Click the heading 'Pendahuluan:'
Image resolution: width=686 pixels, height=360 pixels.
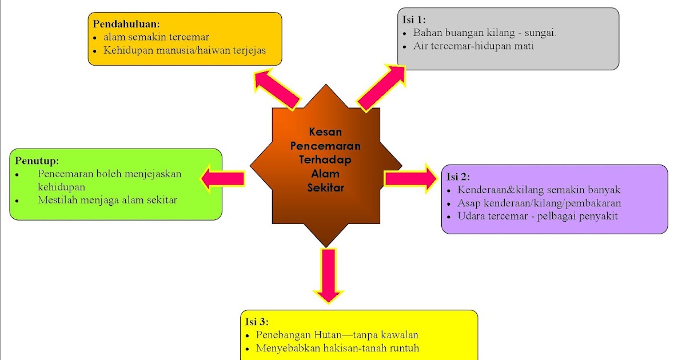[126, 25]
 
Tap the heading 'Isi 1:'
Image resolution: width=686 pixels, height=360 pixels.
[414, 19]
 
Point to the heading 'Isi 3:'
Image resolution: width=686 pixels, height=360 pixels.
[257, 322]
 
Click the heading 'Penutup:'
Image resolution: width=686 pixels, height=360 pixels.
[37, 160]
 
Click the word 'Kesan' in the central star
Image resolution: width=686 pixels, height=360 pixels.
[325, 132]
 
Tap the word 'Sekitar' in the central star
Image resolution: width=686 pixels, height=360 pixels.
[325, 187]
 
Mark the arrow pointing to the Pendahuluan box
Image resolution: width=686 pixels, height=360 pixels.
[277, 88]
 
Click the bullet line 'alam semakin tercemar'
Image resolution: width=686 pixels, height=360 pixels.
[156, 37]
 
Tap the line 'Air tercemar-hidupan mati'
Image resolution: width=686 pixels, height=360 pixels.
[473, 46]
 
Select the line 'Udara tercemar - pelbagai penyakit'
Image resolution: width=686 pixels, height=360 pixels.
[537, 217]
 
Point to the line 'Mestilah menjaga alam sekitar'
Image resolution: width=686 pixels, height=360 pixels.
[107, 200]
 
